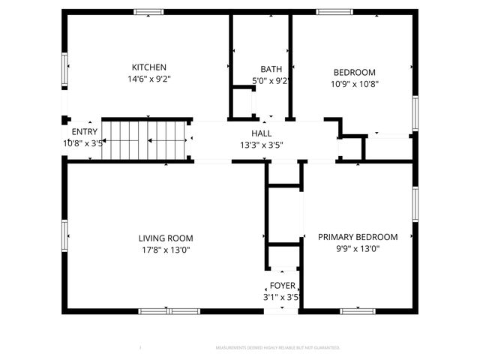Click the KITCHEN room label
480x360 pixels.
[x=148, y=67]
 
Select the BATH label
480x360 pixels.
[x=271, y=70]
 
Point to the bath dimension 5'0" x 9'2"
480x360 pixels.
[x=271, y=81]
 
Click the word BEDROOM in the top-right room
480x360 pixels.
[x=354, y=73]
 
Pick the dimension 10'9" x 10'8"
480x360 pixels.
[x=354, y=84]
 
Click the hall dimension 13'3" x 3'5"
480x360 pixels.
[x=261, y=145]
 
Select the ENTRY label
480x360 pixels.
[x=84, y=132]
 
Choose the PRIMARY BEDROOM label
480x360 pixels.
[x=358, y=237]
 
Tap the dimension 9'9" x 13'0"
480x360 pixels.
[x=358, y=249]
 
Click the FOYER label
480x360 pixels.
[x=283, y=286]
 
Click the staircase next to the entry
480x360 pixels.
[x=143, y=140]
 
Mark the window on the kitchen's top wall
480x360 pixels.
[x=148, y=12]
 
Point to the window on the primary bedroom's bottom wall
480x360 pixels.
[x=358, y=310]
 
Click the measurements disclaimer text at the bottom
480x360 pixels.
[x=277, y=348]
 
